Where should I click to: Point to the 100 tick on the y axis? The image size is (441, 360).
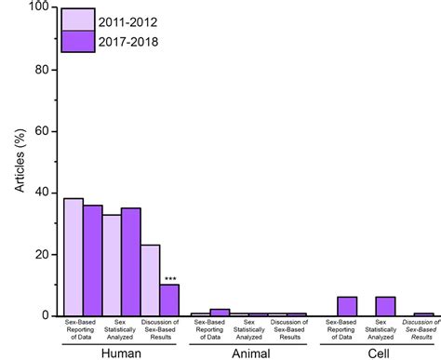pyautogui.click(x=40, y=7)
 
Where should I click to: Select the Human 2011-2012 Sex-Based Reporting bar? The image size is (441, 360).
pyautogui.click(x=73, y=257)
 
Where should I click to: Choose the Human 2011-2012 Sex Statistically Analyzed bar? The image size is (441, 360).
pyautogui.click(x=112, y=265)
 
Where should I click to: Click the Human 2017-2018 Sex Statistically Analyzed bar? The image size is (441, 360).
pyautogui.click(x=131, y=261)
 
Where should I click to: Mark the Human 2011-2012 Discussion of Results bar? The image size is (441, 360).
pyautogui.click(x=151, y=280)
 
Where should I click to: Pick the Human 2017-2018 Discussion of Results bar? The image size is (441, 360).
pyautogui.click(x=169, y=300)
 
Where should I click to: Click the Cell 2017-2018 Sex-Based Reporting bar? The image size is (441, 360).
pyautogui.click(x=347, y=306)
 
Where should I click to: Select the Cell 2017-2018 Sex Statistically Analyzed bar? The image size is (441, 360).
pyautogui.click(x=385, y=306)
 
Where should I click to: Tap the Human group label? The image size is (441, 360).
pyautogui.click(x=121, y=353)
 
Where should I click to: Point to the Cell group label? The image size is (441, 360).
pyautogui.click(x=376, y=353)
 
